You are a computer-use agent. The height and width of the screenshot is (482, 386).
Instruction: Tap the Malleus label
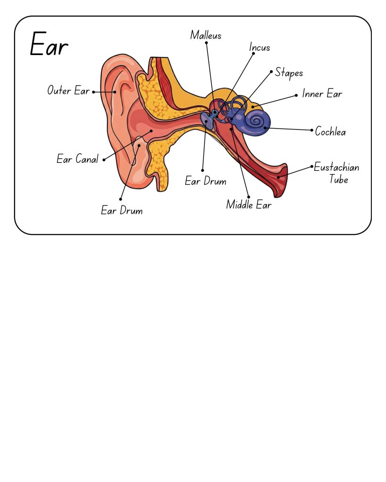(206, 35)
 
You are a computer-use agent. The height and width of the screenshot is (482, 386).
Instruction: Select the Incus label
(260, 48)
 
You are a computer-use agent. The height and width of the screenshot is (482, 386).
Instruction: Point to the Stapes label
(289, 73)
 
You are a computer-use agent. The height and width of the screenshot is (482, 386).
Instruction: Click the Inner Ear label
(322, 94)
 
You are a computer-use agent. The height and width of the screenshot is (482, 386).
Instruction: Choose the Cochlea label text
(330, 132)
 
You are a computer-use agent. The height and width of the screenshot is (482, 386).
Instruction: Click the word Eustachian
(337, 168)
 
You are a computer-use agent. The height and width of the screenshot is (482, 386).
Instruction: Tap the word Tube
(338, 179)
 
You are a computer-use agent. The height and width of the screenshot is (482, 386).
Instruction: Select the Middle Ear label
(249, 205)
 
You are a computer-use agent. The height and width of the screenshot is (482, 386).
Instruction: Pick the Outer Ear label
(68, 90)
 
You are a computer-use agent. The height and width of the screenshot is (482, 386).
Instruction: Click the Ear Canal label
(78, 159)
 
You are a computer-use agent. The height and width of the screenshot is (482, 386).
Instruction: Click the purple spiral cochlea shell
(256, 122)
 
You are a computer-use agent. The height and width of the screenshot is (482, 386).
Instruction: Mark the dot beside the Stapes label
(271, 72)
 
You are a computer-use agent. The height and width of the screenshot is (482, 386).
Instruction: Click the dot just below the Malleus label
(206, 43)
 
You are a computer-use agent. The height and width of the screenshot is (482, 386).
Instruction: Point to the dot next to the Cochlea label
(312, 130)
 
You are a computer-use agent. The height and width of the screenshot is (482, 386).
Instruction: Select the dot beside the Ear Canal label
(104, 160)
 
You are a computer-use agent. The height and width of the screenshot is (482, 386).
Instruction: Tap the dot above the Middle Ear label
(248, 197)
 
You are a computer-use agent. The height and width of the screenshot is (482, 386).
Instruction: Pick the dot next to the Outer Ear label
(93, 92)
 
